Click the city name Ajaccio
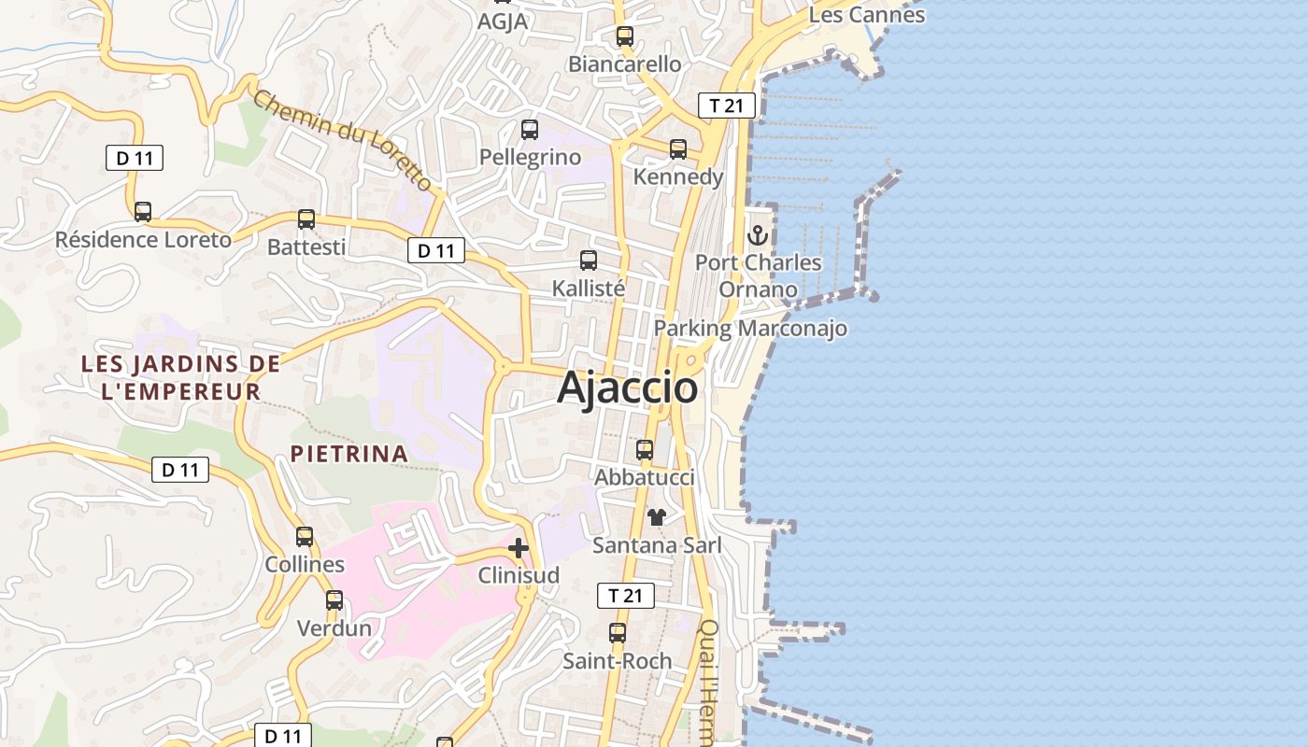627,388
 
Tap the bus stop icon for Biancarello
625,37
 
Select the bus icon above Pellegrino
530,130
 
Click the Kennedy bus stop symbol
678,149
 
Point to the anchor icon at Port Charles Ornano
758,235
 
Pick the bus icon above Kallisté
589,261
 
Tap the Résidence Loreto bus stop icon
143,212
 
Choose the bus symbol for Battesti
306,219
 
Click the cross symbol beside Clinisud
519,548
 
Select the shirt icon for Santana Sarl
657,517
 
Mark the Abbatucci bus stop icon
645,450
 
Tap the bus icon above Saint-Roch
618,633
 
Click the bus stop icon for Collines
305,537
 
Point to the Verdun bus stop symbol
334,600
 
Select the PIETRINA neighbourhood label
348,454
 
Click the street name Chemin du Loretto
343,140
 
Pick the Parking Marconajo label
750,329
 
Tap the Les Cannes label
866,15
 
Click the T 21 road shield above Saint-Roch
626,596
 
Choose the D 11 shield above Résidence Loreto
135,158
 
